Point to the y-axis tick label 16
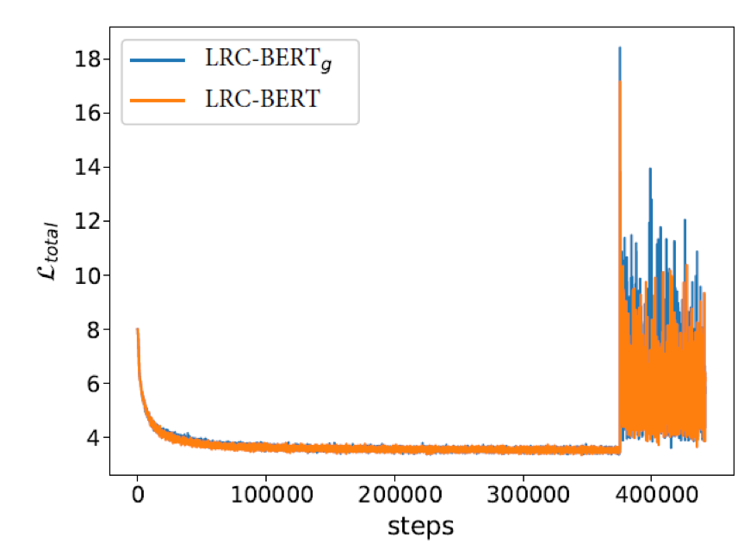click(84, 114)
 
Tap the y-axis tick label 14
click(84, 168)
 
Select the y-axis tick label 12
click(84, 222)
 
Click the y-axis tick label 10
click(84, 276)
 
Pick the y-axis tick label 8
click(90, 330)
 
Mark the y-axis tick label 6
click(90, 384)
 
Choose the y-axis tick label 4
click(90, 438)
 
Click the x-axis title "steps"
click(420, 524)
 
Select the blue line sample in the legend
click(157, 60)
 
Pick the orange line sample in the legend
click(157, 99)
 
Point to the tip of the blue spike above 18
click(620, 48)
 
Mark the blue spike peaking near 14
click(650, 170)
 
